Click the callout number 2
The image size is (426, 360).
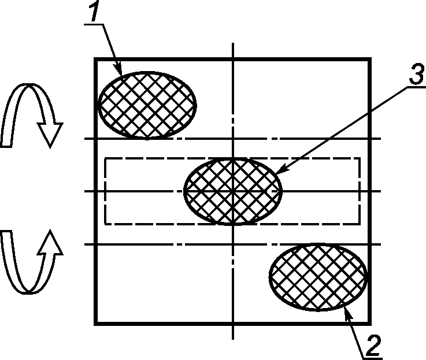tap(374, 345)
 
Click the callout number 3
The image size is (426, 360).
tap(417, 73)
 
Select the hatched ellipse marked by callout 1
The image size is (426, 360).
tap(147, 105)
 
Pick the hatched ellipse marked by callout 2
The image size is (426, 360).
tap(318, 277)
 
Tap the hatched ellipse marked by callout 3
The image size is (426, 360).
tap(233, 191)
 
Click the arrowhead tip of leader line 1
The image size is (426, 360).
tap(121, 75)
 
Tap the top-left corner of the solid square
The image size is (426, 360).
tap(95, 59)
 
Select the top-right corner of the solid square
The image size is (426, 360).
tap(370, 59)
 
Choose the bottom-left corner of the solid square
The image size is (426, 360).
tap(95, 324)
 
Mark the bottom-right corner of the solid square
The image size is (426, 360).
tap(370, 324)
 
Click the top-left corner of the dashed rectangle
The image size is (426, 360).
tap(105, 158)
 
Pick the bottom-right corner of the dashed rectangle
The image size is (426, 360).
tap(360, 224)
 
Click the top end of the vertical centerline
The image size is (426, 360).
tap(233, 43)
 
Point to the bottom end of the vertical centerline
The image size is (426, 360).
tap(233, 339)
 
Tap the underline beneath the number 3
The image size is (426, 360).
tap(416, 87)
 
